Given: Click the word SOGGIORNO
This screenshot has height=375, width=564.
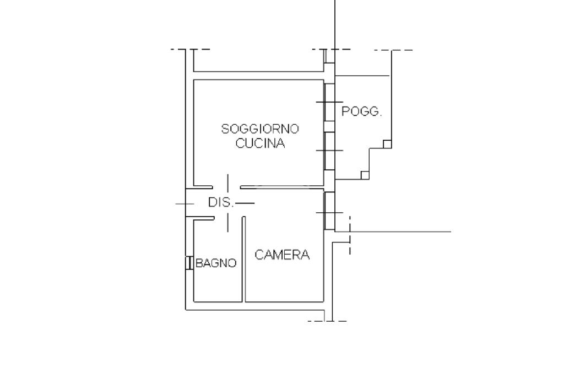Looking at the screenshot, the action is click(x=260, y=129).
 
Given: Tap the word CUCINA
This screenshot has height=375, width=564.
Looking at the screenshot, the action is click(x=260, y=144).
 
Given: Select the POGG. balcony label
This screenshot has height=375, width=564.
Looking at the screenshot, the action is click(x=362, y=112).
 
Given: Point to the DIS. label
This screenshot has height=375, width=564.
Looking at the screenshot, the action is click(x=221, y=202).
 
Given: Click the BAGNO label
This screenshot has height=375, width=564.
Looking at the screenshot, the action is click(x=216, y=263).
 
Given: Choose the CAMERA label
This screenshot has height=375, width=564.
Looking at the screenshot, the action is click(x=282, y=255).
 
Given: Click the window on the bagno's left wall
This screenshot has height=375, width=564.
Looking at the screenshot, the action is click(x=189, y=263).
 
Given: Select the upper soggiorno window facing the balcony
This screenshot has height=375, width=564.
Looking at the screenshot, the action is click(x=329, y=102).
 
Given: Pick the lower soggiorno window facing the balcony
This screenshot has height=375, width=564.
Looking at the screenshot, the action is click(x=329, y=151).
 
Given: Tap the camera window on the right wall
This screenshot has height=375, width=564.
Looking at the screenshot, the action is click(x=329, y=211).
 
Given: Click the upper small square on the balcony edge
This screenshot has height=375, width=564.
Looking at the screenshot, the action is click(x=387, y=144).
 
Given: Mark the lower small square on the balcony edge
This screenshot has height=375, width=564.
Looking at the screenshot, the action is click(x=365, y=175).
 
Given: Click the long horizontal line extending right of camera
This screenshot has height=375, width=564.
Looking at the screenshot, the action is click(x=402, y=231).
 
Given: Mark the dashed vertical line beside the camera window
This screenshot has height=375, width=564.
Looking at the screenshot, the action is click(x=350, y=235).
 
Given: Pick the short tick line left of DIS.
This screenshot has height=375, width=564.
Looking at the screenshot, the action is click(x=185, y=204).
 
